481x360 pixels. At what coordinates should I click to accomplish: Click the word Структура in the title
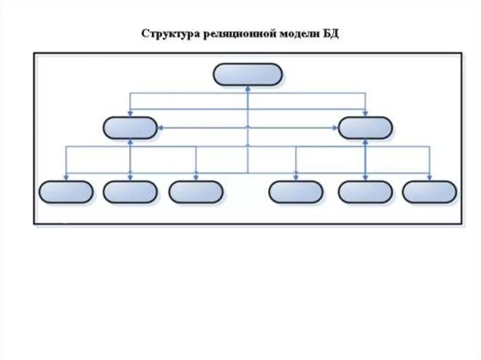click(170, 34)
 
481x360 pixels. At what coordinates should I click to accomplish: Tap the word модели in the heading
click(293, 34)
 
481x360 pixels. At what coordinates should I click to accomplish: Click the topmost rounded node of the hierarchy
click(248, 75)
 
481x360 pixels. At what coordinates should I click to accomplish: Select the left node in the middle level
click(130, 128)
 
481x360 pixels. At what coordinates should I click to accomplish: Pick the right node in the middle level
click(365, 128)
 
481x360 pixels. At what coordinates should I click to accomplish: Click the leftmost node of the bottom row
click(65, 192)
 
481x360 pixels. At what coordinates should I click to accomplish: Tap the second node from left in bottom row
click(130, 192)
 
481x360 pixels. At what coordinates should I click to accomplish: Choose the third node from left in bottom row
click(195, 192)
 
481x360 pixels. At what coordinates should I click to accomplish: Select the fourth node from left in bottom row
click(296, 192)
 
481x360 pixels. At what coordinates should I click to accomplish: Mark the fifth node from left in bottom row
click(365, 192)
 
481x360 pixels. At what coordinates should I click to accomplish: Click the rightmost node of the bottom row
click(429, 192)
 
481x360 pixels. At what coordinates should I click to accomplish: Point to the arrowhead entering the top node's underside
click(248, 88)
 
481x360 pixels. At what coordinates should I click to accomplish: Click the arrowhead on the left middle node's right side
click(160, 128)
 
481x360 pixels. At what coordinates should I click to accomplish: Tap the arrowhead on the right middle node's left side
click(335, 128)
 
